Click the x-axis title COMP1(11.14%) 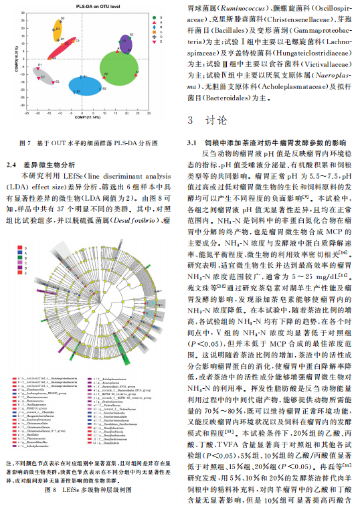pos(87,117)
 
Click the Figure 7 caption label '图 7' pos(24,143)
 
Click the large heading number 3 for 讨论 pos(191,121)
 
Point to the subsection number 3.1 pos(192,143)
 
